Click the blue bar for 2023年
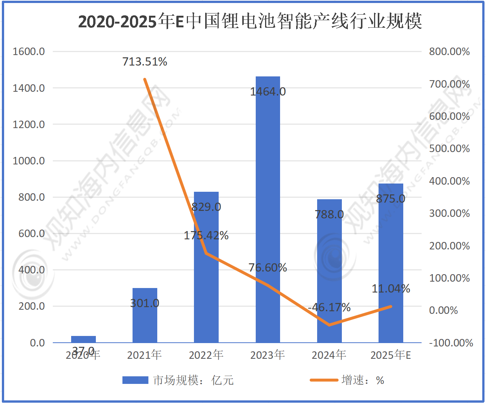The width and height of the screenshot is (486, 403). tap(268, 210)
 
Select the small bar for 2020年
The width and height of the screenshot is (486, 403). tap(83, 339)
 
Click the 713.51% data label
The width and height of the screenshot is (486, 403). tap(145, 62)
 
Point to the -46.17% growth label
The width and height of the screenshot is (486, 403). tap(329, 307)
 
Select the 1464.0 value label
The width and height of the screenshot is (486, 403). tap(268, 92)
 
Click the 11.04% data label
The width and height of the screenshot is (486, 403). tap(391, 289)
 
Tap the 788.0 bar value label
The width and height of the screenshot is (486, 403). tap(329, 215)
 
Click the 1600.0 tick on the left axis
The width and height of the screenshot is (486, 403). tap(29, 52)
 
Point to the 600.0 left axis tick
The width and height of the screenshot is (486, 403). tap(31, 234)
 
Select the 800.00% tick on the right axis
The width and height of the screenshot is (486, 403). tap(449, 52)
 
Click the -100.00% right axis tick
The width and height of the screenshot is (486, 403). tap(451, 343)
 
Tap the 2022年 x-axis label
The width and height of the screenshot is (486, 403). tap(206, 355)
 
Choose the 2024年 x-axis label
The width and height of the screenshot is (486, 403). tap(329, 355)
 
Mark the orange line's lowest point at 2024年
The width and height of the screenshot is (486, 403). tap(329, 325)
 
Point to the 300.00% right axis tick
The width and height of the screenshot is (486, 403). tap(449, 213)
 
